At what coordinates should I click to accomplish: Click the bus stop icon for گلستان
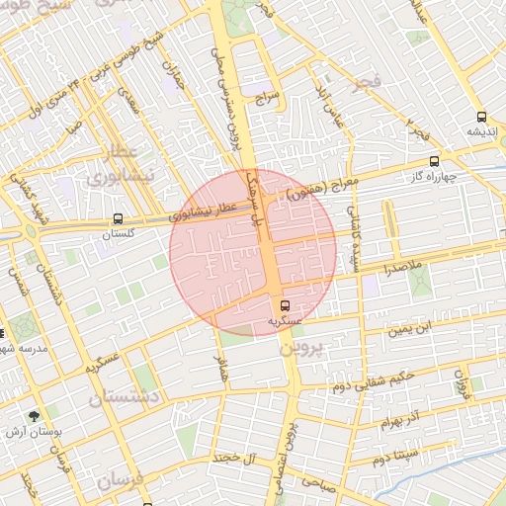coord(119,218)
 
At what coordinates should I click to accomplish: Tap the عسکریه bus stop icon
coord(286,305)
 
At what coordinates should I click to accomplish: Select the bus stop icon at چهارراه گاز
coord(434,161)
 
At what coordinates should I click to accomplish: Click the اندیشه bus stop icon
coord(481,116)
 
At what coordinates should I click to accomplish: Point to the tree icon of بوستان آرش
coord(36,416)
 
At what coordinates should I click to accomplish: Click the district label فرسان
coord(120,484)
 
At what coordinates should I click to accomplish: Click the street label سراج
coord(270,99)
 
